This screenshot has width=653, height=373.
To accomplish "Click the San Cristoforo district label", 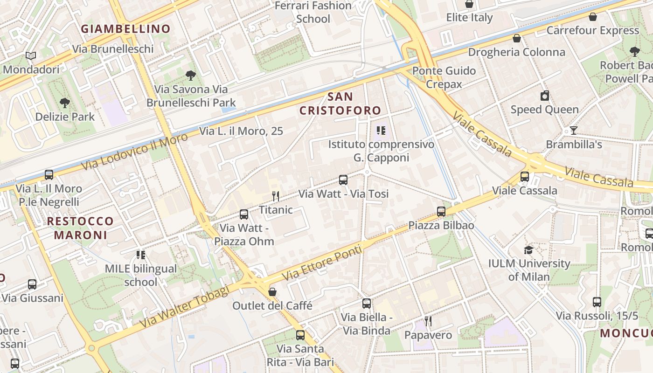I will [340, 104].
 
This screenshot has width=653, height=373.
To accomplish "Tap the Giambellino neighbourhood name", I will [126, 29].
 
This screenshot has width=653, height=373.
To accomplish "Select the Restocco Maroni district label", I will [80, 228].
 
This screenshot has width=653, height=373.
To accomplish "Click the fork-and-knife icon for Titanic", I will [276, 196].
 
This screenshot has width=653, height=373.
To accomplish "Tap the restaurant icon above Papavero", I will [428, 321].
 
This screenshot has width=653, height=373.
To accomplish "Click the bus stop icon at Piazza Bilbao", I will [441, 212].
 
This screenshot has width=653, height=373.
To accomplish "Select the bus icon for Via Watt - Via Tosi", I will [343, 180].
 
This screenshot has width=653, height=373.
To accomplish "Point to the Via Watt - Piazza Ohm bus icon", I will [244, 214].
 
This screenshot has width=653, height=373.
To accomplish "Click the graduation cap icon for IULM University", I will [528, 250].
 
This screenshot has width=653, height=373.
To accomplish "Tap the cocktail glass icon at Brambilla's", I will [574, 131].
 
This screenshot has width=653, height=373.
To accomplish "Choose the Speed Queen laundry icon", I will [544, 96].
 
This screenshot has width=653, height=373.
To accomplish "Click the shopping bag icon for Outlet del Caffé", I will [272, 292].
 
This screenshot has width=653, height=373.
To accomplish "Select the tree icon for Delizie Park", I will [65, 103].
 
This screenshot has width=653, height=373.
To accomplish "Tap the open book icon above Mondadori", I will [31, 56].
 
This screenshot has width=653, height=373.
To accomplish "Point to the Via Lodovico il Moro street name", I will [134, 152].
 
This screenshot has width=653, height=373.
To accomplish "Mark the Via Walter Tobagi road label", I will [185, 306].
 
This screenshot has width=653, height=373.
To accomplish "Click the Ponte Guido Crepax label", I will [444, 77].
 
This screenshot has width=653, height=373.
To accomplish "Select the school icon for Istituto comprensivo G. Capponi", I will [381, 131].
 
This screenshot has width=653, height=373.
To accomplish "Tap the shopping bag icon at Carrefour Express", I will [593, 17].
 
